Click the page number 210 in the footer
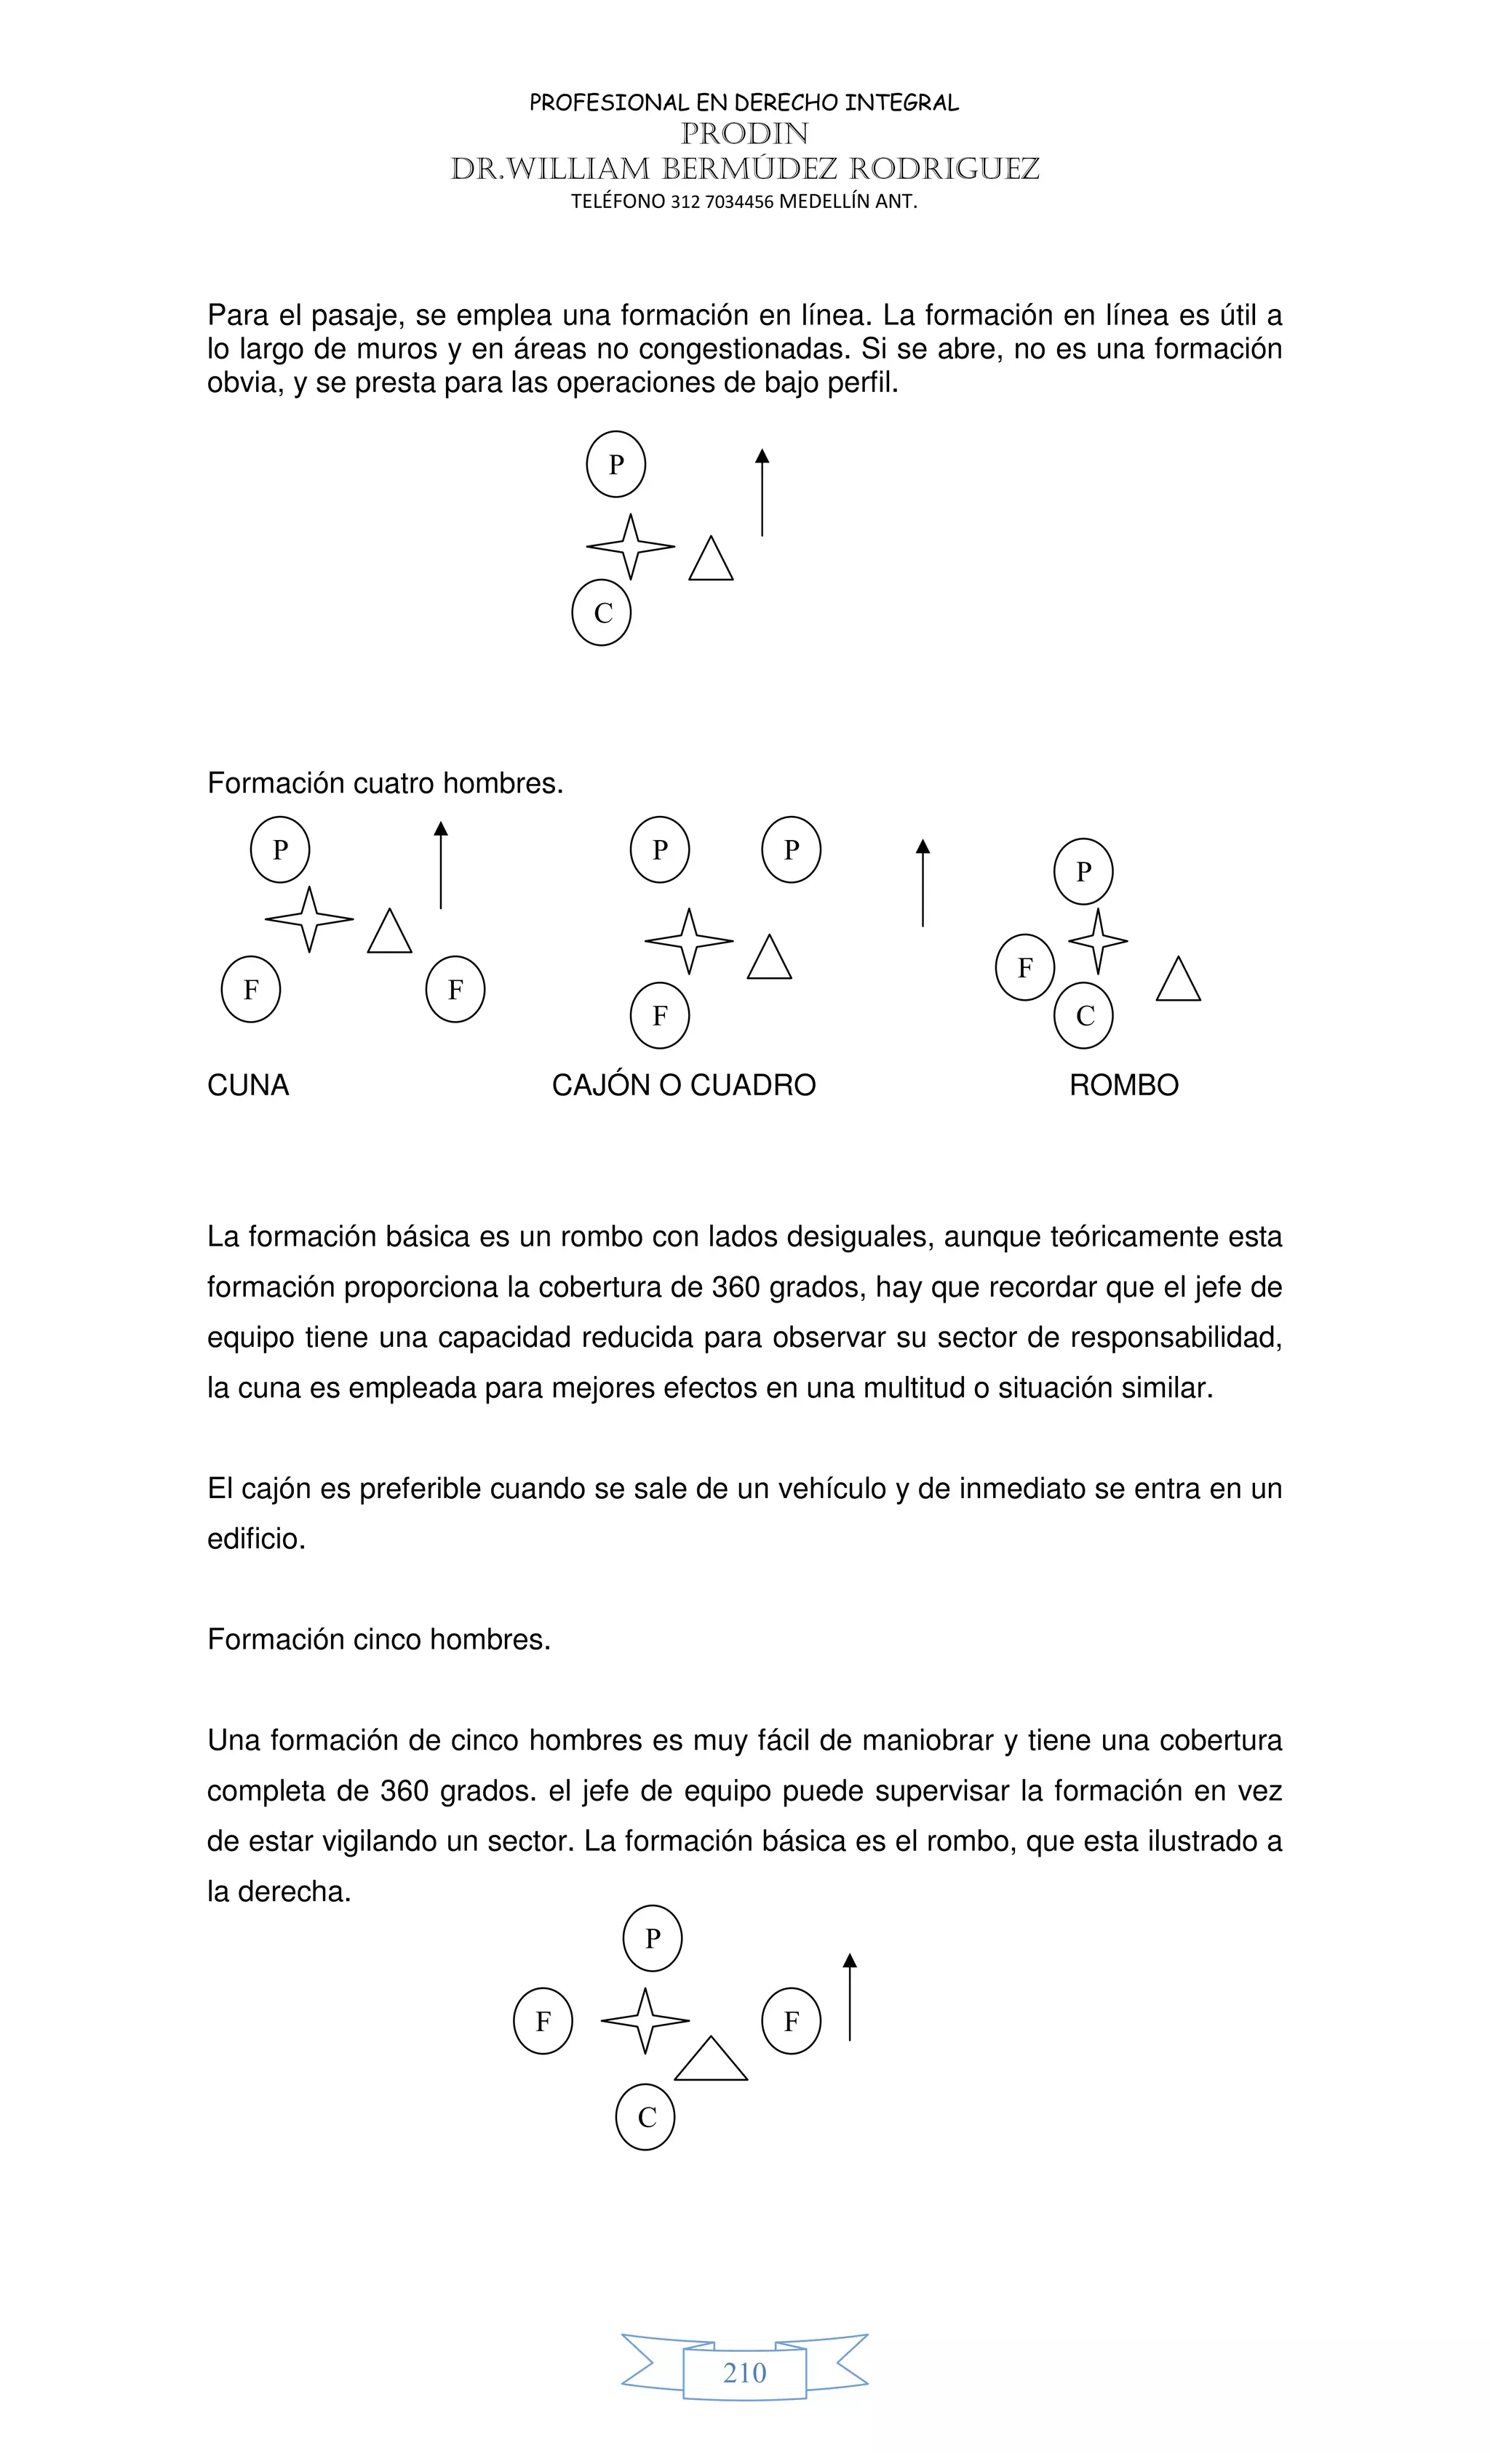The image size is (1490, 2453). tap(744, 2372)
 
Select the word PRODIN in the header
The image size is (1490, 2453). tap(744, 133)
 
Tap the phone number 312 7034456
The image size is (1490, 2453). tap(722, 201)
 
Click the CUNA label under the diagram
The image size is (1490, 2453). tap(248, 1085)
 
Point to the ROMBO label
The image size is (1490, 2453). tap(1123, 1085)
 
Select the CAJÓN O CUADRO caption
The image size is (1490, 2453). tap(683, 1085)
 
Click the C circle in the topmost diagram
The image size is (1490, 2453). tap(602, 613)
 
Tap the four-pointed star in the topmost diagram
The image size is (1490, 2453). tap(631, 547)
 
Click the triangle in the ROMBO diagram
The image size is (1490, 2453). tap(1179, 980)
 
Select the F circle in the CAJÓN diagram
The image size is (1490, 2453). tap(659, 1015)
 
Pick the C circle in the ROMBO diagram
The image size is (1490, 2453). tap(1083, 1015)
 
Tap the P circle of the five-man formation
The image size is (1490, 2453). tap(653, 1940)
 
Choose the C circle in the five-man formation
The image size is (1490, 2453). tap(645, 2118)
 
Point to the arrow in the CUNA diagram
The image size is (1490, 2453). tap(441, 865)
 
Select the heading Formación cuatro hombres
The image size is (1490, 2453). tap(384, 783)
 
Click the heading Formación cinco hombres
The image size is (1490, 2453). tap(378, 1640)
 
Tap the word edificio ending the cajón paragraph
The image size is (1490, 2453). tap(255, 1539)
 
